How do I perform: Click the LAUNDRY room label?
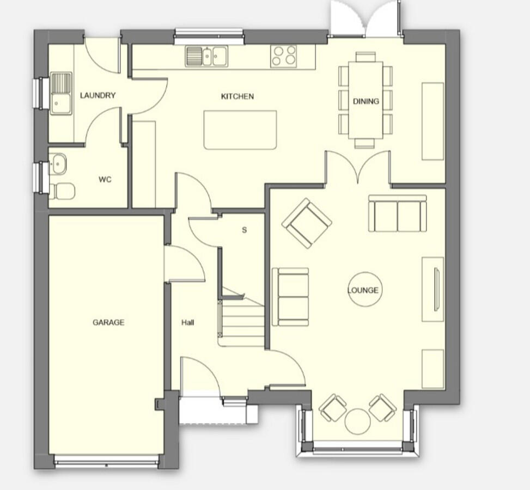(x=98, y=95)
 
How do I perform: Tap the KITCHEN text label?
(x=237, y=96)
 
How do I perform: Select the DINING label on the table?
(x=365, y=101)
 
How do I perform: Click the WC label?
(x=105, y=179)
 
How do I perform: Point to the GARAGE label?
(x=108, y=322)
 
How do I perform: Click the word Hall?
(x=188, y=322)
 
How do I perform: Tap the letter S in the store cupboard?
(x=244, y=230)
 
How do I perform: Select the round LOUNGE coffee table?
(x=363, y=290)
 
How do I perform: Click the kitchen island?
(x=240, y=130)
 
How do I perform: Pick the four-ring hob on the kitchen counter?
(x=284, y=56)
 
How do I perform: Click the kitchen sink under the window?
(x=206, y=55)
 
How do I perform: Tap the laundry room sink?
(x=60, y=94)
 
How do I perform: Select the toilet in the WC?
(x=63, y=191)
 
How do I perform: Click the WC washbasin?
(x=57, y=162)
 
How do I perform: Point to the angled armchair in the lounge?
(x=307, y=223)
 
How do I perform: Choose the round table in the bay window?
(x=358, y=421)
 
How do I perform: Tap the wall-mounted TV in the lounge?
(x=436, y=289)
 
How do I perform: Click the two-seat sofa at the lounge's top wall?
(x=397, y=213)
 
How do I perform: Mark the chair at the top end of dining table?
(x=365, y=57)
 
